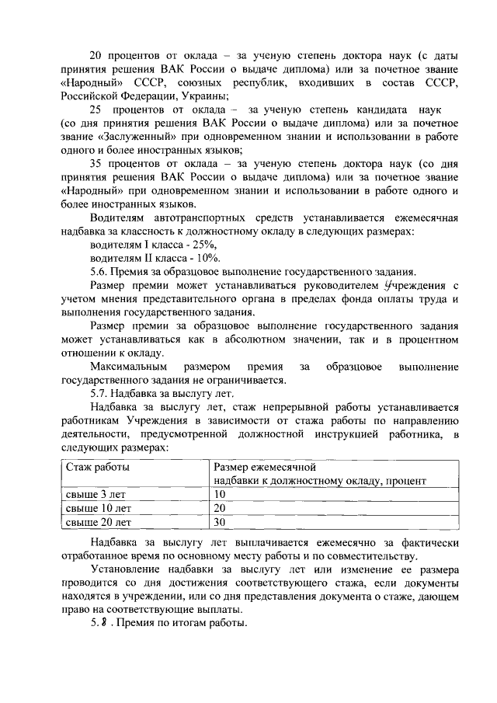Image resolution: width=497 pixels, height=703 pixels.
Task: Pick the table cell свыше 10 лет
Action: point(97,507)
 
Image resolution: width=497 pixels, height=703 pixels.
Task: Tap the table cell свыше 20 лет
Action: point(97,521)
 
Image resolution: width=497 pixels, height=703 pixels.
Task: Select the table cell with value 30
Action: point(219,521)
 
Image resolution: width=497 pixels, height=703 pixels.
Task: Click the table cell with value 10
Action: point(219,494)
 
